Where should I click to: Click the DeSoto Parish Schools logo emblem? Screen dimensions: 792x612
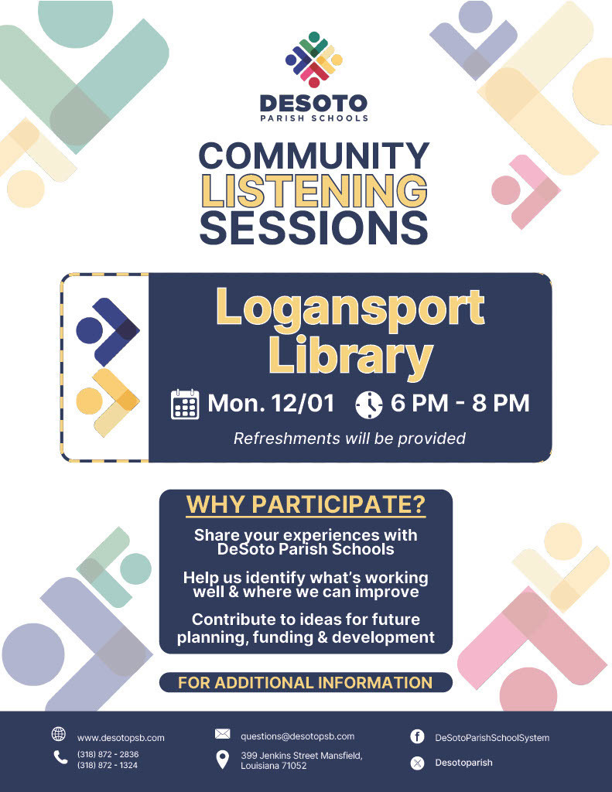coord(313,60)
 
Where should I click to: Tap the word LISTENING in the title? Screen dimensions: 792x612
coord(314,190)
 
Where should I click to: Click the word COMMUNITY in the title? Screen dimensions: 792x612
coord(314,155)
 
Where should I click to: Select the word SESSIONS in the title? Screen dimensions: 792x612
coord(314,227)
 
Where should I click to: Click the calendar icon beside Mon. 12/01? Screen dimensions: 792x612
coord(184,404)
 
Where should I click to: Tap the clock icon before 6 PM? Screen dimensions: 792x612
coord(369,404)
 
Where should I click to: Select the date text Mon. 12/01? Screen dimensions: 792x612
coord(271,403)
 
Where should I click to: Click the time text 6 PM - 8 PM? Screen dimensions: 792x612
coord(460,403)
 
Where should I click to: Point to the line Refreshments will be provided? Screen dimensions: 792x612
coord(350,439)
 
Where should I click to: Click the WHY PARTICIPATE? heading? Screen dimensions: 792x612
coord(306,504)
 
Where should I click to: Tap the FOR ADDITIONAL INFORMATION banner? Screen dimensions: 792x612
coord(306,682)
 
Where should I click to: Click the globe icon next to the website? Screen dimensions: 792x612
coord(58,734)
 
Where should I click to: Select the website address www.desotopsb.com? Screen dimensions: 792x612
coord(121,738)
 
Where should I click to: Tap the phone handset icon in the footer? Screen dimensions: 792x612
coord(60,758)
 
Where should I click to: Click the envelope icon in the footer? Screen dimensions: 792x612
coord(222,734)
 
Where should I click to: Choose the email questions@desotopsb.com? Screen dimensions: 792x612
coord(297,736)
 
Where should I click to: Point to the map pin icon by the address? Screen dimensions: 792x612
coord(222,760)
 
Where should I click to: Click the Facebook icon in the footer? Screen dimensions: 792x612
coord(417,736)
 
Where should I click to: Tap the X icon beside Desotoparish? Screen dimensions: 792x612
coord(417,763)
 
